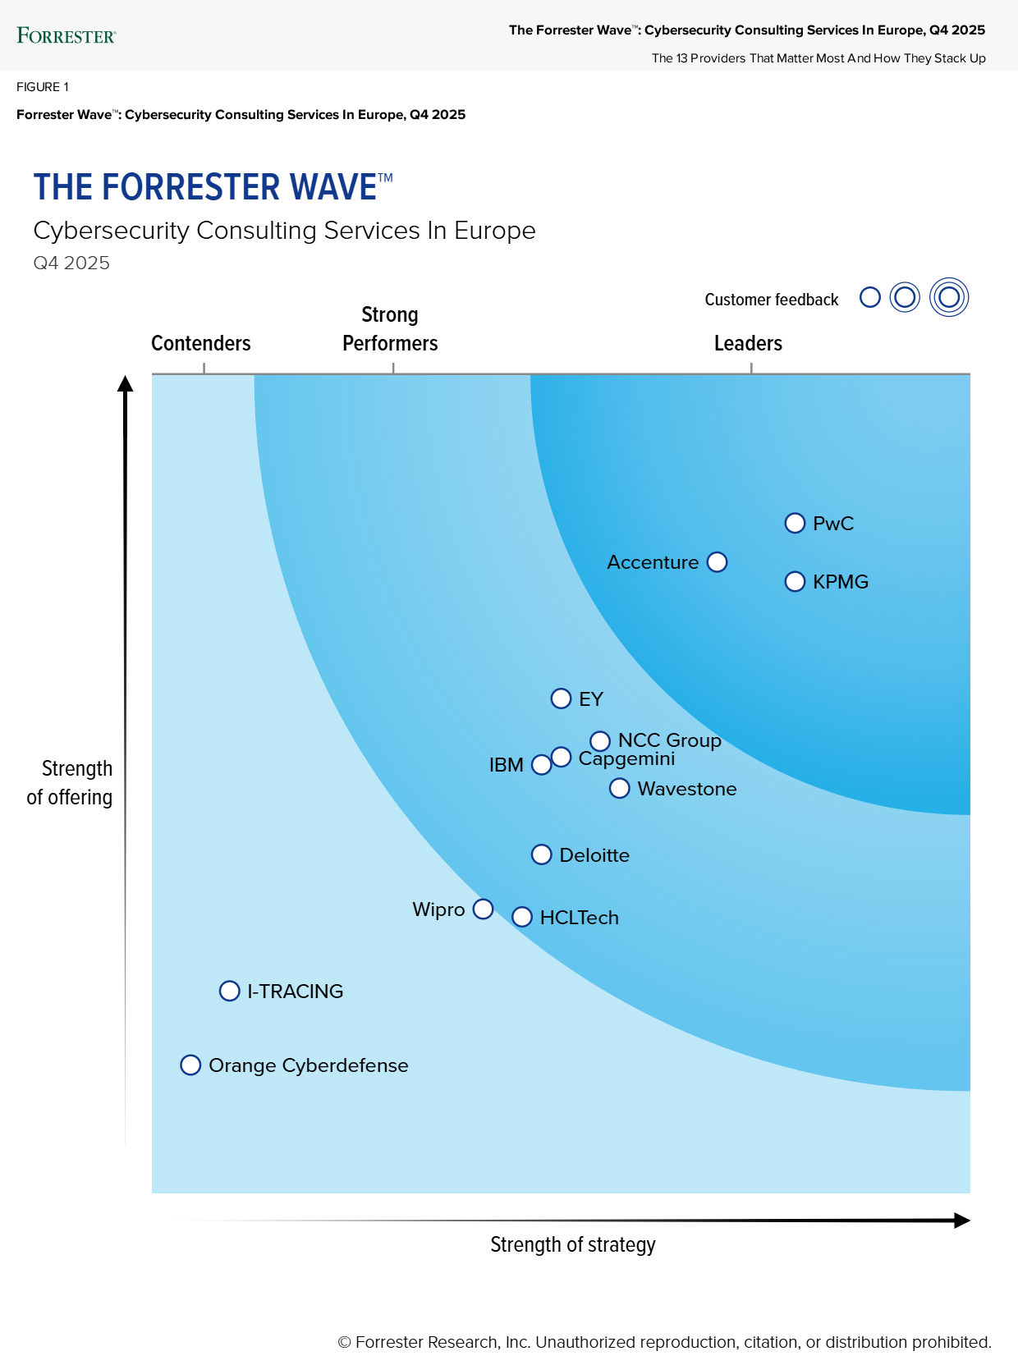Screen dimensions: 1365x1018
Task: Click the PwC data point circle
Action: click(795, 523)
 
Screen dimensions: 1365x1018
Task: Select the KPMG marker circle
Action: click(795, 581)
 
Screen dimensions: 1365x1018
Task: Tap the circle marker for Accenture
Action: click(717, 562)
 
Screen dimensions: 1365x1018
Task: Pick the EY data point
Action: click(561, 699)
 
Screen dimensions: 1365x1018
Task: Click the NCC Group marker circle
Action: click(600, 741)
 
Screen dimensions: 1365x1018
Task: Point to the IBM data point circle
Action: click(542, 765)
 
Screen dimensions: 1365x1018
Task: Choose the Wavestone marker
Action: click(620, 788)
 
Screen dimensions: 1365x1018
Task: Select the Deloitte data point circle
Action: click(542, 854)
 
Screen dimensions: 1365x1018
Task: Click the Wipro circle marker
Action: click(484, 909)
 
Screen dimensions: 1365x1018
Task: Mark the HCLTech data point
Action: click(522, 917)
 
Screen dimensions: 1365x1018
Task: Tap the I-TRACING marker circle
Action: click(230, 991)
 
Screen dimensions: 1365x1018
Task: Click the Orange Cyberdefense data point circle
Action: click(190, 1065)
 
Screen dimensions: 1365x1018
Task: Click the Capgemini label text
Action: click(627, 759)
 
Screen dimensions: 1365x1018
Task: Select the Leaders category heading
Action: click(748, 343)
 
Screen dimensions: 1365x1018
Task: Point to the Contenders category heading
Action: click(201, 343)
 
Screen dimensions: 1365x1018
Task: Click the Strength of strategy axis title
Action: click(573, 1244)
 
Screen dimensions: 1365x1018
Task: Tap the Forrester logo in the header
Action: click(66, 35)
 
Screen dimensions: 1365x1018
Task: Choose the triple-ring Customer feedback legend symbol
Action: click(949, 297)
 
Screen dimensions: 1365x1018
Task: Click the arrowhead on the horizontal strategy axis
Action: click(962, 1221)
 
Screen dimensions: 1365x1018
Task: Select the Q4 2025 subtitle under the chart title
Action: click(71, 263)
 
